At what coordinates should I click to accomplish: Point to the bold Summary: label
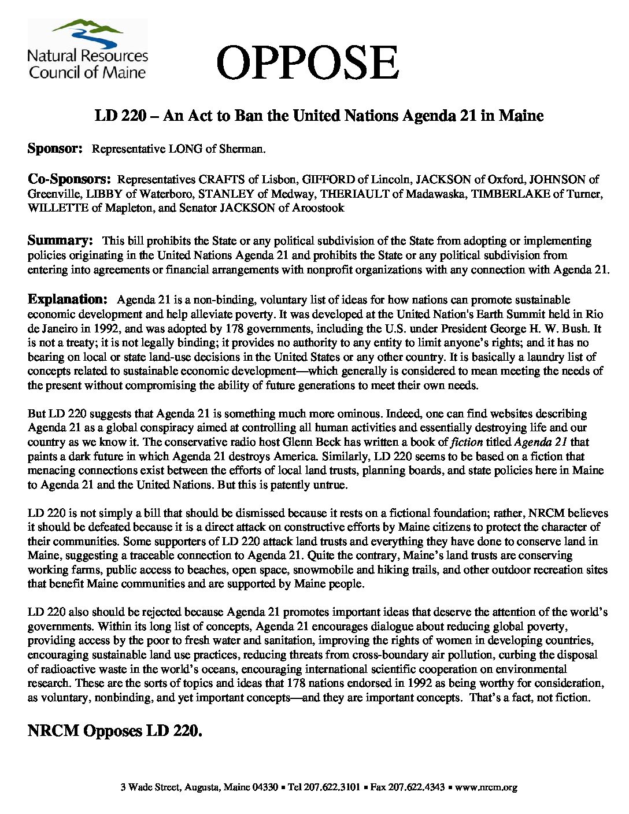(60, 240)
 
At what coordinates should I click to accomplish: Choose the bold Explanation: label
(68, 299)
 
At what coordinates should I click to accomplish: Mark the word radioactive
(62, 669)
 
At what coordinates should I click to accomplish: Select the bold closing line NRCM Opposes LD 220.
(115, 731)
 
